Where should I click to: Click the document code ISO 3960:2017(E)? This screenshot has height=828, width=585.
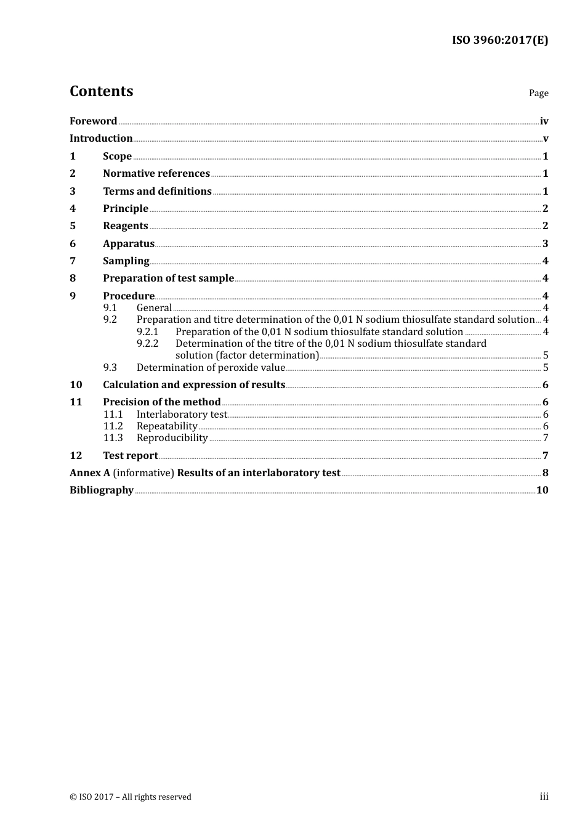coord(499,41)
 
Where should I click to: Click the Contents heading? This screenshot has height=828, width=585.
coord(101,91)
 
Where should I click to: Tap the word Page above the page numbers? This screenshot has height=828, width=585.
coord(538,93)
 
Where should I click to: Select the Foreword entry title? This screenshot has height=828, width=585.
coord(93,121)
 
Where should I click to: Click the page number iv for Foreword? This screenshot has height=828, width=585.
coord(544,121)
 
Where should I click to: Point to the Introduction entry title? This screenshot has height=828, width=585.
coord(101,139)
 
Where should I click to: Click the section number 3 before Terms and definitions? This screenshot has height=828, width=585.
coord(73,192)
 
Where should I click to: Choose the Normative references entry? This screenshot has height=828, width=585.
coord(156,174)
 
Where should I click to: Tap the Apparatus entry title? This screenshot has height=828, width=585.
coord(129,244)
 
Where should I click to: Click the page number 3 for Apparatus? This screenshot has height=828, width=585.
coord(545,244)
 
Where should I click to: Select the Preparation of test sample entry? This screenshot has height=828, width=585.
coord(168,278)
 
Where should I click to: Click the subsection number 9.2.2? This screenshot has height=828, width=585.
coord(148,344)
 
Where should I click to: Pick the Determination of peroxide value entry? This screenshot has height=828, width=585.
coord(211,368)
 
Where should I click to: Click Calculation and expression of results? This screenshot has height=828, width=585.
coord(194,385)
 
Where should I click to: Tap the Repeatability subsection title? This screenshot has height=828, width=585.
coord(167,426)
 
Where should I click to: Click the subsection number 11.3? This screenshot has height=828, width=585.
coord(113,438)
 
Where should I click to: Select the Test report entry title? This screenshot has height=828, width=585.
coord(130,456)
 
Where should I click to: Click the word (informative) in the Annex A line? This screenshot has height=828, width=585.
coord(143,473)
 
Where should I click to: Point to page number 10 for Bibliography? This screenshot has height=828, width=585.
coord(542,490)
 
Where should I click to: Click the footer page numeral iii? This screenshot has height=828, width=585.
coord(544,797)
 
